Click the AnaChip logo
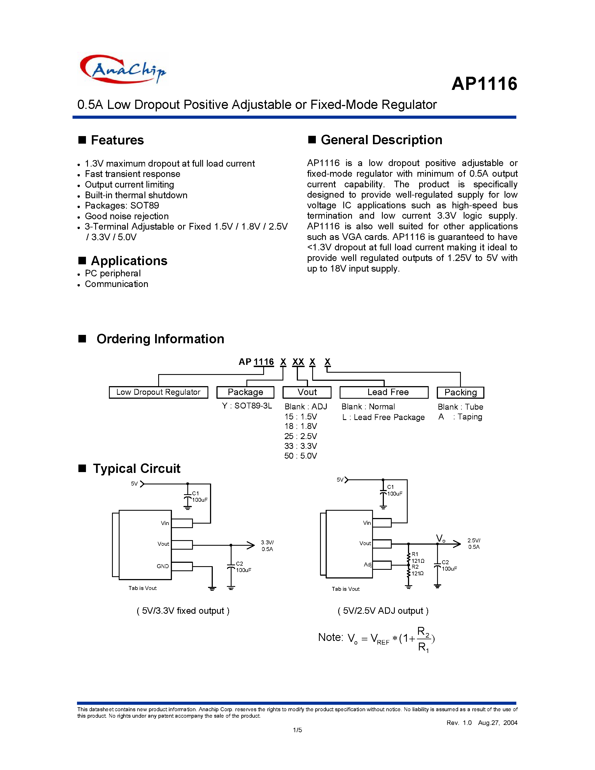pos(123,69)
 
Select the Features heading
pos(117,140)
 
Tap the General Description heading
pos(381,140)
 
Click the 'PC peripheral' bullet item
pos(113,274)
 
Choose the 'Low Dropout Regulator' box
pos(158,392)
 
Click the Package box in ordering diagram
pos(245,392)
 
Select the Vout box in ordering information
pos(307,392)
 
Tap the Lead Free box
pos(384,392)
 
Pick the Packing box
pos(460,392)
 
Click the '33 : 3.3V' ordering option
pos(301,446)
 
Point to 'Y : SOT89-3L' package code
pos(247,406)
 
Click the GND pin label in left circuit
pos(162,566)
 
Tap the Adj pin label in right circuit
pos(367,564)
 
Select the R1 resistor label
pos(415,554)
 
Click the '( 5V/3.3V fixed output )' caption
pos(183,611)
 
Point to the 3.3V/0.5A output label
pos(267,546)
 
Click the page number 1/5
pos(297,730)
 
